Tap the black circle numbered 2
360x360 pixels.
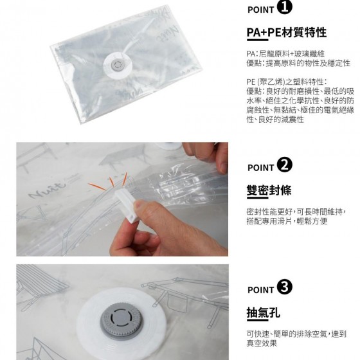tap(284, 165)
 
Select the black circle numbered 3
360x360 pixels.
tap(284, 287)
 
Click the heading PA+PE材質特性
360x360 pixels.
tap(286, 32)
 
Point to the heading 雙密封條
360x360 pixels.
tap(269, 190)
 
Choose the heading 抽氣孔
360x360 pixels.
tap(264, 312)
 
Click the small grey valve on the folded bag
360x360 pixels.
tap(117, 65)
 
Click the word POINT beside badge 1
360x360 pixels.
tap(261, 10)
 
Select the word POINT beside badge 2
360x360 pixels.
tap(261, 168)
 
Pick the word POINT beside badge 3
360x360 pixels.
tap(261, 290)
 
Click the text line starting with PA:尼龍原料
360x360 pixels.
tap(285, 54)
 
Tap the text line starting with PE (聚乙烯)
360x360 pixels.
tap(287, 82)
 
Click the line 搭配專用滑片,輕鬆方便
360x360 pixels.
tap(287, 221)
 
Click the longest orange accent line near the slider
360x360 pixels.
tap(97, 186)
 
